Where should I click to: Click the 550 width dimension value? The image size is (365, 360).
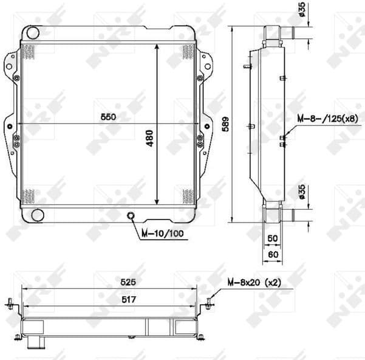(108, 116)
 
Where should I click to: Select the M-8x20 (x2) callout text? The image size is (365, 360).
(256, 282)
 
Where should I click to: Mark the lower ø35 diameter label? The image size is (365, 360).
(302, 193)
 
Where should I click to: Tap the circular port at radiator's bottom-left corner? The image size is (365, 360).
(36, 214)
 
